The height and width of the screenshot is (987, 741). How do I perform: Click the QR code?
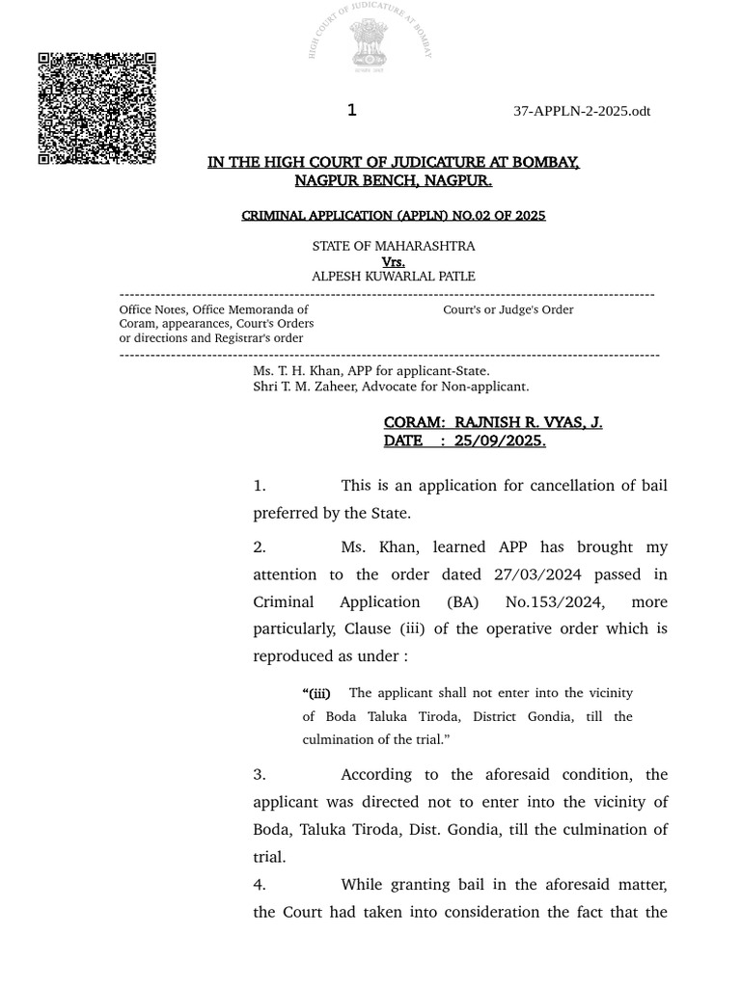(96, 108)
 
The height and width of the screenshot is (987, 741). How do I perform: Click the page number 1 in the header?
(352, 111)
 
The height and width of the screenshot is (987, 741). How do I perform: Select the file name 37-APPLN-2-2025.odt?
(582, 111)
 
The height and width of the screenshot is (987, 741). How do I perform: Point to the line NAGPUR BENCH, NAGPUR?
(393, 180)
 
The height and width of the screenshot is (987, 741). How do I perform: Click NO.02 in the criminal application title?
(455, 215)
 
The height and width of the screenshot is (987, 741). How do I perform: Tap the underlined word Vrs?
(393, 261)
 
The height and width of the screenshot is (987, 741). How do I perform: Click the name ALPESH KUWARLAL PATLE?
(393, 276)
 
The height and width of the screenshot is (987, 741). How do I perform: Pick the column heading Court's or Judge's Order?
(508, 309)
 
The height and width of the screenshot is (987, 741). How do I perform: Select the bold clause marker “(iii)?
(316, 693)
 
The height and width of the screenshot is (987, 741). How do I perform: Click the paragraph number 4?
(260, 884)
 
